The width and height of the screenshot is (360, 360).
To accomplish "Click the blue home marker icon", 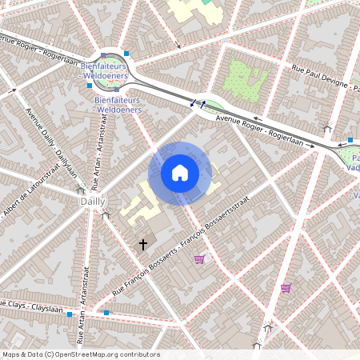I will click(180, 173).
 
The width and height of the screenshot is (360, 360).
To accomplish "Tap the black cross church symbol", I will click(144, 244).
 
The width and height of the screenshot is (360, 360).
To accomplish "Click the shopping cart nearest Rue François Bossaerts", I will click(199, 258).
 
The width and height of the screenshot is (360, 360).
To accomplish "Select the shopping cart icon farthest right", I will click(286, 288).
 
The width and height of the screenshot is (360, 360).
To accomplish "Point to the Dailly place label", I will click(93, 202).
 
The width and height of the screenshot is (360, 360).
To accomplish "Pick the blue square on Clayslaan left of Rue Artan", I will click(70, 314).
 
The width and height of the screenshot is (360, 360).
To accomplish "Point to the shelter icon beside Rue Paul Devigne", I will click(327, 128).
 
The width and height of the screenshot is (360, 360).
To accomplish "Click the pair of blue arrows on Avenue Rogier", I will click(197, 102).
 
